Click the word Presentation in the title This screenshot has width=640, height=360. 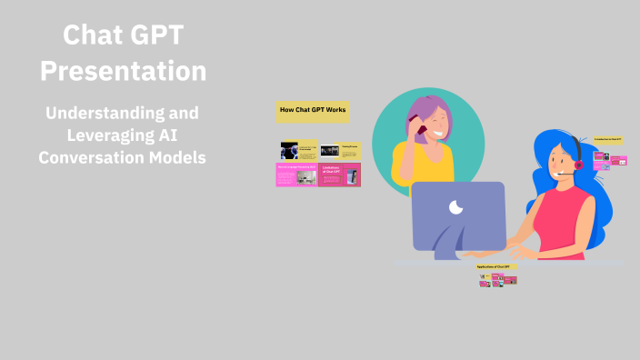tap(123, 70)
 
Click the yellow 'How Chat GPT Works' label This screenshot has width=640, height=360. tap(313, 111)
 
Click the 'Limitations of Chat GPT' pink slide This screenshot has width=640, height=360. tap(339, 175)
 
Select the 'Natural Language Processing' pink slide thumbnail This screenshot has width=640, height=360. tap(297, 175)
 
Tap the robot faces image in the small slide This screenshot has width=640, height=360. tap(289, 149)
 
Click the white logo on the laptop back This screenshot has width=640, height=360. tap(456, 207)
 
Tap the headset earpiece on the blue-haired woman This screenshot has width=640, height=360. tap(576, 165)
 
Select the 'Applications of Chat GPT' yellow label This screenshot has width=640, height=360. tap(497, 266)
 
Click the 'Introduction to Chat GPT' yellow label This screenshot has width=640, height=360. tap(607, 139)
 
